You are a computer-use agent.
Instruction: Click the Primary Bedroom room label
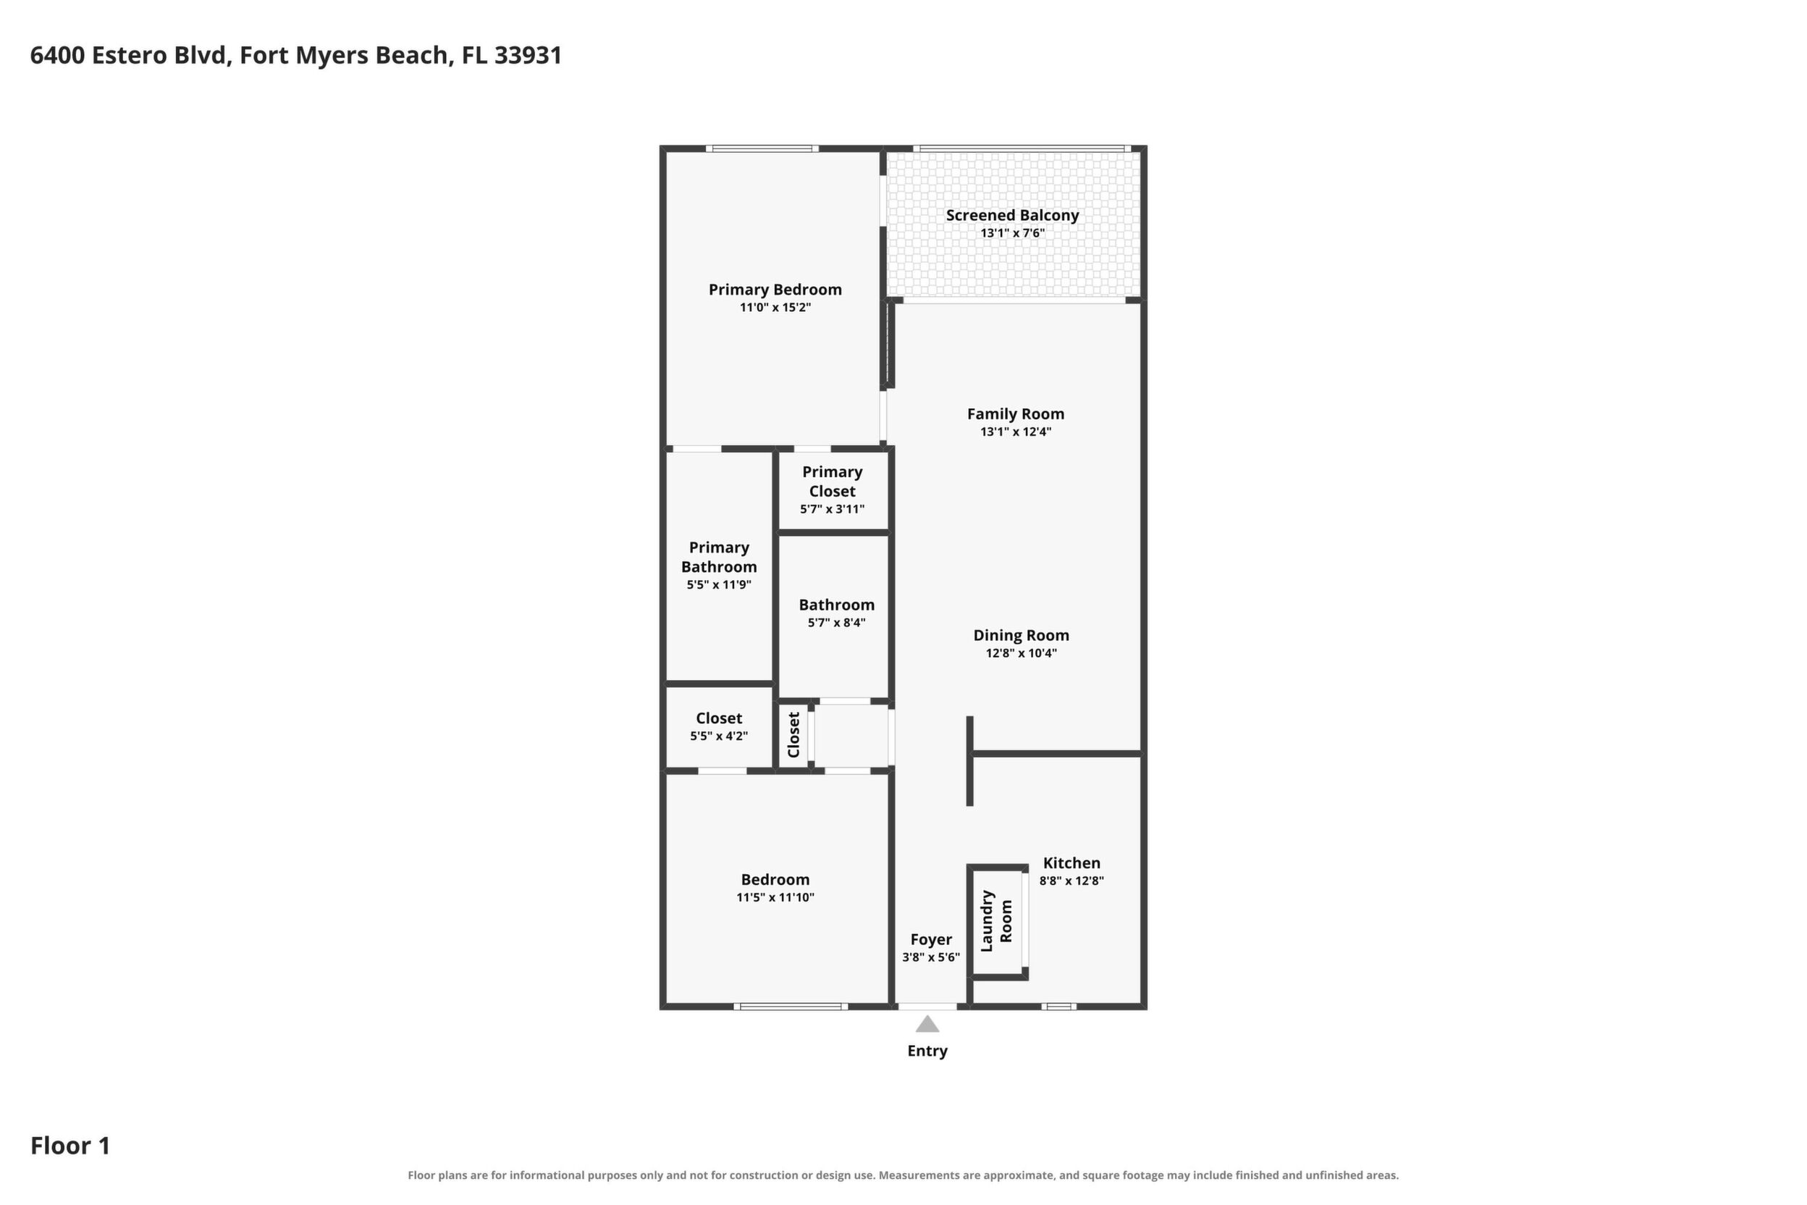[775, 290]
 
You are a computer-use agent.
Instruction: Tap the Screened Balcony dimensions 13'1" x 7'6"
[1012, 233]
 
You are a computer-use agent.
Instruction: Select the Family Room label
[1015, 414]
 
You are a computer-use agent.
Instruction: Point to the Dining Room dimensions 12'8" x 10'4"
[1021, 653]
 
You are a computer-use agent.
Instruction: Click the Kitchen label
[1071, 863]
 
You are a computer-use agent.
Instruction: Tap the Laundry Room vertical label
[996, 920]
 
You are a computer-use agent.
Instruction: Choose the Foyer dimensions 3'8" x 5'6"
[931, 957]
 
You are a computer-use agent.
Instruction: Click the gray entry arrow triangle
[927, 1024]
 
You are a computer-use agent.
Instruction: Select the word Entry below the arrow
[927, 1051]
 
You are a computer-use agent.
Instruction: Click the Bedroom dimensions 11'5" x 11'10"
[775, 898]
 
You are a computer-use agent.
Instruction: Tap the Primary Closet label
[832, 481]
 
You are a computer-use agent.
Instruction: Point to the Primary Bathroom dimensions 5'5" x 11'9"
[719, 585]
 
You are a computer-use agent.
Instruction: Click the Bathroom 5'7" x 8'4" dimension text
[837, 624]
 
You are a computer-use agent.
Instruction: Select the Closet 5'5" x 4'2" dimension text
[719, 736]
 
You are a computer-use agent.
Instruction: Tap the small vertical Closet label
[793, 735]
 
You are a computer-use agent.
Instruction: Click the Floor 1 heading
[71, 1146]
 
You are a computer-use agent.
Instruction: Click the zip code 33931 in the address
[528, 55]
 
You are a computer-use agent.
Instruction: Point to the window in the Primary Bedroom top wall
[762, 148]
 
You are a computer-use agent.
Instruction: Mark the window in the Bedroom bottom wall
[791, 1006]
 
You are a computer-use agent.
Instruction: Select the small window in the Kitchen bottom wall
[1058, 1006]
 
